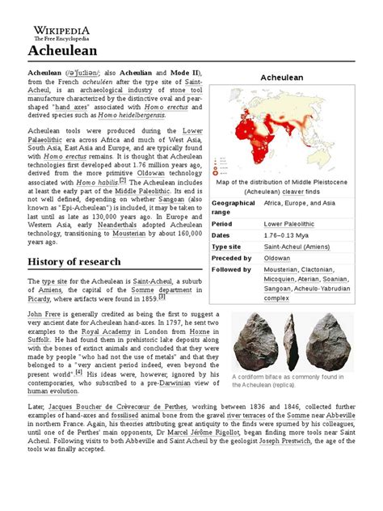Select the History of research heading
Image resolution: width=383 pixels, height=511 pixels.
coord(74,261)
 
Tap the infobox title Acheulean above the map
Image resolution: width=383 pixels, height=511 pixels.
coord(280,77)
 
